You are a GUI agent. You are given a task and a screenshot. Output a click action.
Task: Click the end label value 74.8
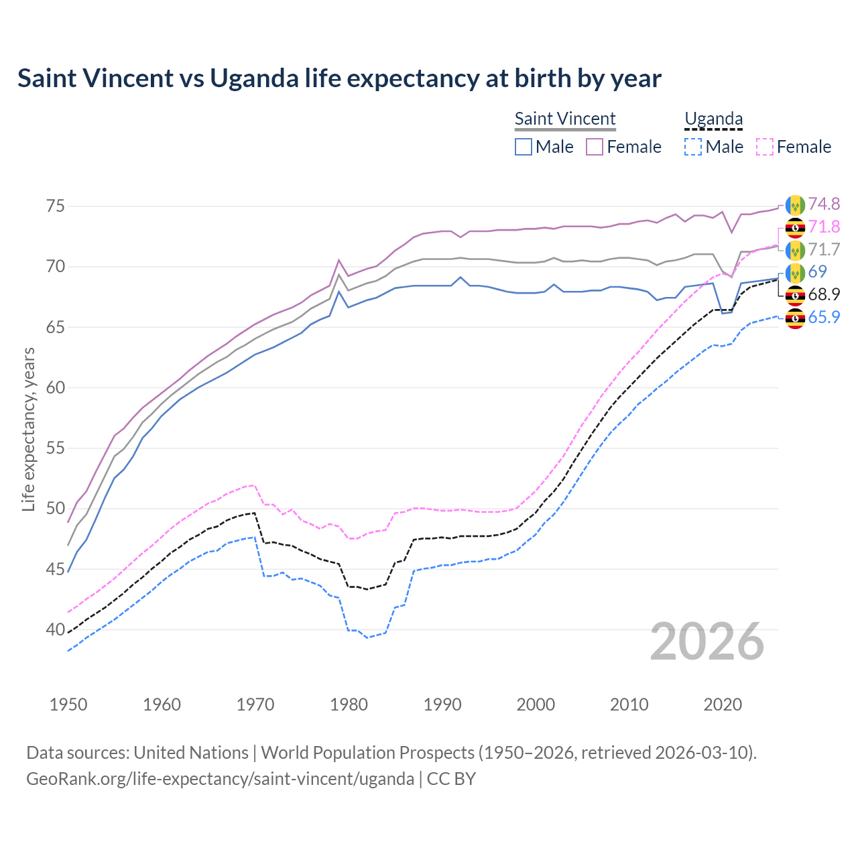(x=824, y=204)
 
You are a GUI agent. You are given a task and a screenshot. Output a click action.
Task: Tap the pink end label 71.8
(x=824, y=227)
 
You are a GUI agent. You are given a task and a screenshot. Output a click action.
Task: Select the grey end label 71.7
(x=824, y=249)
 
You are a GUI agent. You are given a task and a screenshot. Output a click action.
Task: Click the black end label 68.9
(x=824, y=294)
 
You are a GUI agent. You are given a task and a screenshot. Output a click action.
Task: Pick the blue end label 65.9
(x=824, y=317)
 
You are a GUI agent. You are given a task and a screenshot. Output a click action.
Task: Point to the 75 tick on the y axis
(x=56, y=206)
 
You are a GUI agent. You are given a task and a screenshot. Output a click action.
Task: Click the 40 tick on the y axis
(x=56, y=629)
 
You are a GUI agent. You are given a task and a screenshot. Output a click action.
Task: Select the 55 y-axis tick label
(x=56, y=448)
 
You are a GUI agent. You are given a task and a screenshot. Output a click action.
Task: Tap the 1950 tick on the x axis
(x=68, y=704)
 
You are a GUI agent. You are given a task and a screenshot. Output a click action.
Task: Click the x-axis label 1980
(x=349, y=704)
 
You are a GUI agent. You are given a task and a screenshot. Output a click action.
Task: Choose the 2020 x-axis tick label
(x=723, y=704)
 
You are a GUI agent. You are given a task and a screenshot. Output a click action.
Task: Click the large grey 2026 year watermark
(x=707, y=641)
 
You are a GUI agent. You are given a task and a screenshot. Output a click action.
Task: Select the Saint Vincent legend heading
(x=565, y=119)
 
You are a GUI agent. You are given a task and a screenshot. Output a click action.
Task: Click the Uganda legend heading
(x=713, y=119)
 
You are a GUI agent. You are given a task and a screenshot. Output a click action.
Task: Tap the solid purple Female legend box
(x=595, y=147)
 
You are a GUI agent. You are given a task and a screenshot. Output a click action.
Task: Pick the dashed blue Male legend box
(x=693, y=147)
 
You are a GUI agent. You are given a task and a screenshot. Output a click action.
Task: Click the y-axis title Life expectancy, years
(x=28, y=429)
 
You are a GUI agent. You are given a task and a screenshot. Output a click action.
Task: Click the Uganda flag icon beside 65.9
(x=795, y=318)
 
